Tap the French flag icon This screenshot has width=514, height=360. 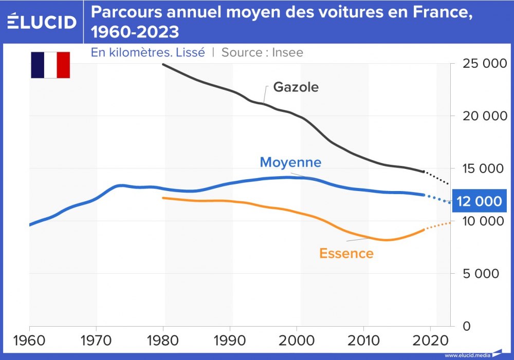click(x=50, y=65)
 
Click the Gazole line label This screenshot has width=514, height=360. click(x=296, y=87)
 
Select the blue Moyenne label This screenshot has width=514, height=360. click(x=290, y=162)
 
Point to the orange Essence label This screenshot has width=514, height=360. click(x=346, y=253)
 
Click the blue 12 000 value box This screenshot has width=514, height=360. click(x=479, y=201)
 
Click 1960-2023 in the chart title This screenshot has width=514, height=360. click(x=135, y=32)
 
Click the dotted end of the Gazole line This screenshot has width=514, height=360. click(x=437, y=178)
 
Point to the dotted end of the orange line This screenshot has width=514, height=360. click(x=438, y=225)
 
